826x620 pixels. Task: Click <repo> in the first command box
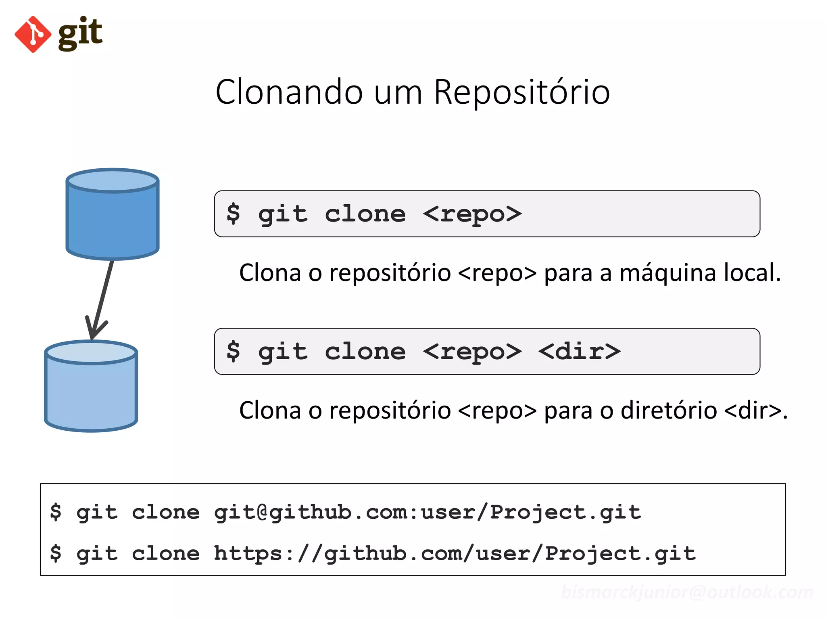pos(472,214)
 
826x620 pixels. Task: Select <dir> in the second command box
pos(580,352)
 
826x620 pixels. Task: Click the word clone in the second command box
pos(365,352)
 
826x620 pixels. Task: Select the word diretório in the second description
pos(668,411)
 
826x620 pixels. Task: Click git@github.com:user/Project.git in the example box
pos(427,513)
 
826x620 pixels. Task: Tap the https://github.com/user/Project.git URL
pos(455,554)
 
